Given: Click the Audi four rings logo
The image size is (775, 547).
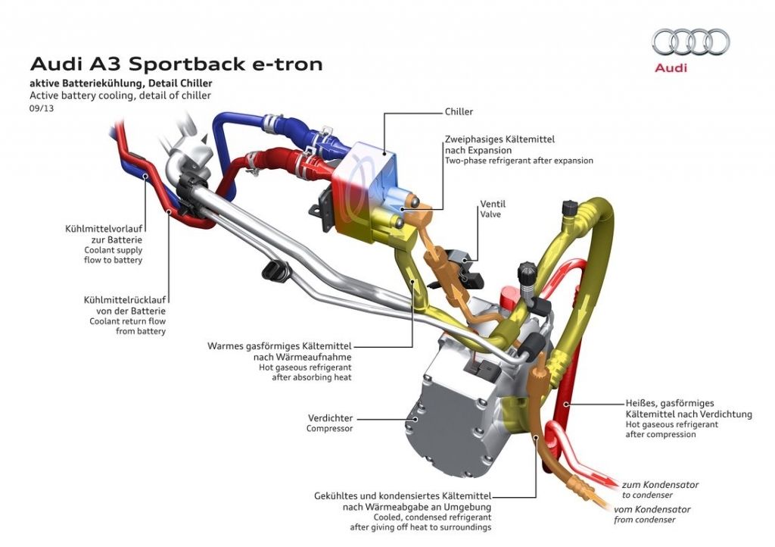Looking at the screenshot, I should click(x=690, y=42).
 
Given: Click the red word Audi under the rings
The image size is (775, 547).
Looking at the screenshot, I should click(x=671, y=68).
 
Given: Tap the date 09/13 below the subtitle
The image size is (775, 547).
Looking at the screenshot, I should click(x=42, y=108).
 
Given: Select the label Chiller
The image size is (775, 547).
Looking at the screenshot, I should click(x=459, y=112).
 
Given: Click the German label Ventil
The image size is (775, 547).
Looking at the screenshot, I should click(x=492, y=205).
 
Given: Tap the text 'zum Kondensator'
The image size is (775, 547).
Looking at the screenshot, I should click(x=660, y=484).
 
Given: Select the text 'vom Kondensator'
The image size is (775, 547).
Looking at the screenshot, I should click(x=652, y=509).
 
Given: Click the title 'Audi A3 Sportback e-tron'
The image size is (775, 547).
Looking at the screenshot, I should click(x=176, y=64).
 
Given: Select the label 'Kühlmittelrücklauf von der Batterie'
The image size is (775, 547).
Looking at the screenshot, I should click(x=125, y=305).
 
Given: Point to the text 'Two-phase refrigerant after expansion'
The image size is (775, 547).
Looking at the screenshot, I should click(x=518, y=161).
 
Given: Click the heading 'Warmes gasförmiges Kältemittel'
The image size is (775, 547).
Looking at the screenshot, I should click(x=279, y=346).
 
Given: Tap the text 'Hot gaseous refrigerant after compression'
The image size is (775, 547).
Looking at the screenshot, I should click(x=671, y=430).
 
